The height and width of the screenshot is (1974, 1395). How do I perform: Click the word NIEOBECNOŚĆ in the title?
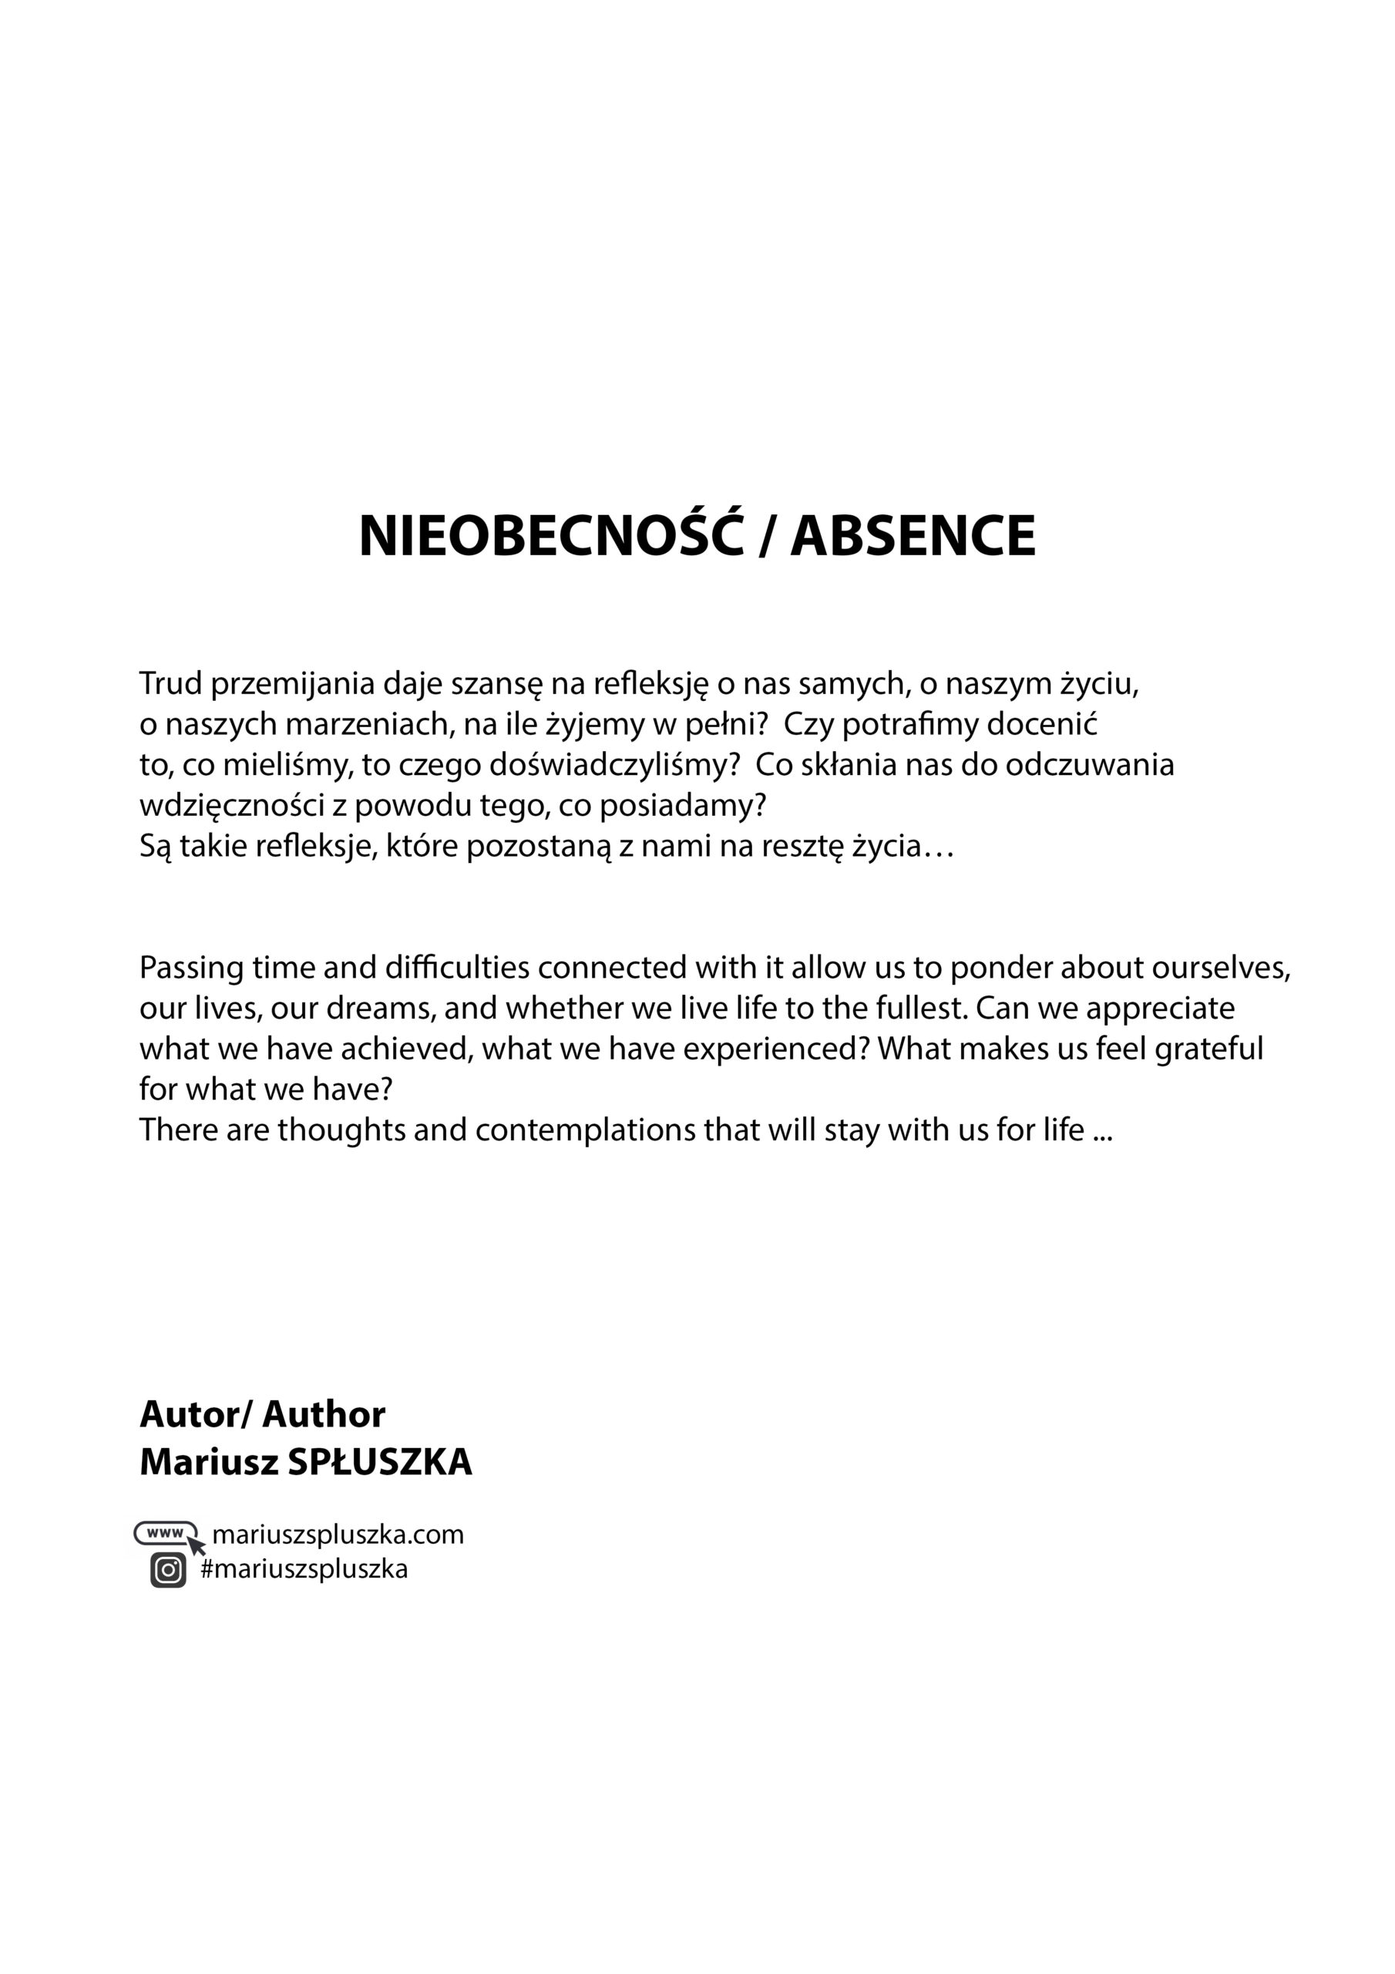(x=551, y=537)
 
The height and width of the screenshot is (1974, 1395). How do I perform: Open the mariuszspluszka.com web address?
(x=337, y=1534)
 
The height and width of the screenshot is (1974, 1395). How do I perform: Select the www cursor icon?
(x=170, y=1534)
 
